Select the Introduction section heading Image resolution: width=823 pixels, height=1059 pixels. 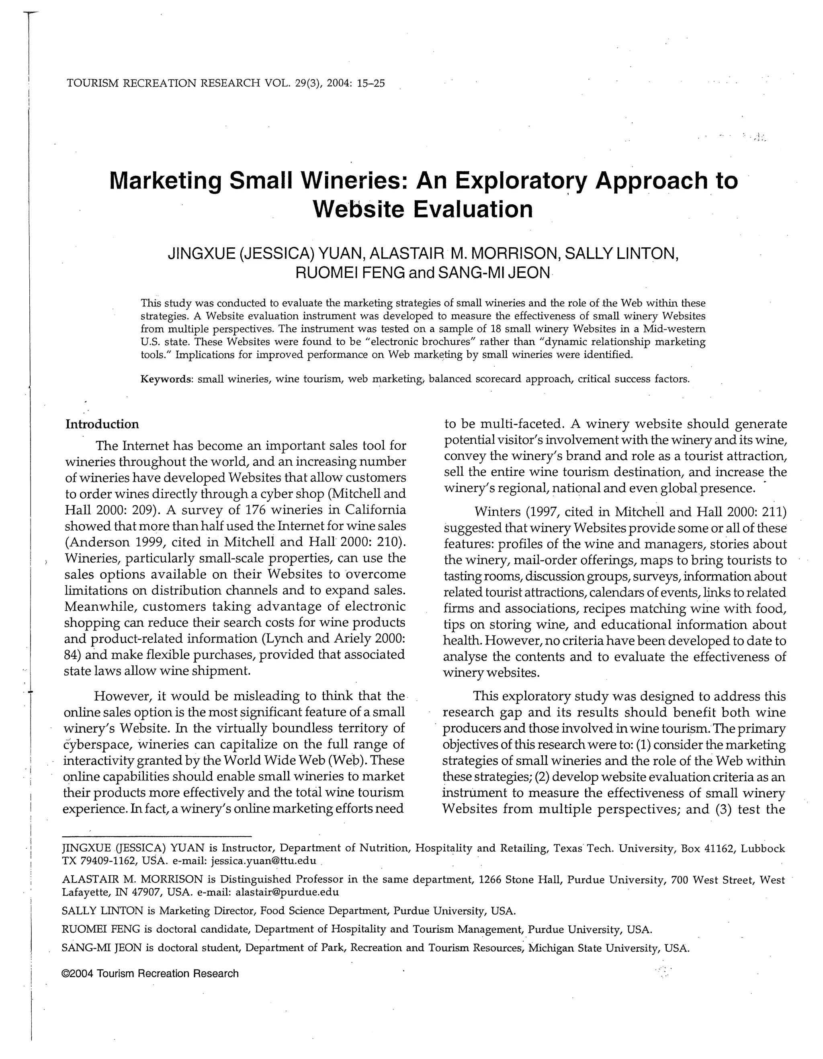[102, 424]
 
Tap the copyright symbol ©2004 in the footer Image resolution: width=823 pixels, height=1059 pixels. [78, 973]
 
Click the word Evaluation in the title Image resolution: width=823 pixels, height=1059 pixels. [473, 209]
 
